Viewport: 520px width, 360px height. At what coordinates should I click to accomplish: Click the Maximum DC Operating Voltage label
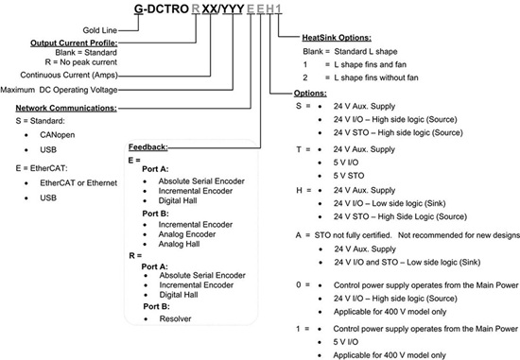pyautogui.click(x=57, y=90)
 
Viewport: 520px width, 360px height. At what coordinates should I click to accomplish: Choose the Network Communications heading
pyautogui.click(x=58, y=107)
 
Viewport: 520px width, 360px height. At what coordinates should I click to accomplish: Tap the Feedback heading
pyautogui.click(x=147, y=146)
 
